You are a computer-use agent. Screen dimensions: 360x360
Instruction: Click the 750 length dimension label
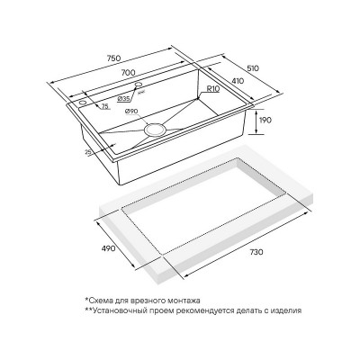114,58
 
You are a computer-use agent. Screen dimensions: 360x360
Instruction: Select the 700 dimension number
128,73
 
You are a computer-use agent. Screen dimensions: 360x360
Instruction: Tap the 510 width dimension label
253,68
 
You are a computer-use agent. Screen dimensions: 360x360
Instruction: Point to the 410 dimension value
238,81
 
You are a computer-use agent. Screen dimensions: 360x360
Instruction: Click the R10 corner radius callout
213,89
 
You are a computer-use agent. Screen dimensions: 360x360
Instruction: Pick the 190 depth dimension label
265,120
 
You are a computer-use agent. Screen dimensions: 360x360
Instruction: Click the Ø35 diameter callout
123,98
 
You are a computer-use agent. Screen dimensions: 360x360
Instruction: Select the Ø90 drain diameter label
131,112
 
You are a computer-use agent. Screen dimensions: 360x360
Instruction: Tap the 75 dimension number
104,105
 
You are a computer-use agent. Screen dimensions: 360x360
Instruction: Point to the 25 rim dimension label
88,152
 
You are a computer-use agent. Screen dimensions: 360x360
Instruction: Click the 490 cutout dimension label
109,248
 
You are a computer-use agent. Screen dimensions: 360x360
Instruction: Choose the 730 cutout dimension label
256,252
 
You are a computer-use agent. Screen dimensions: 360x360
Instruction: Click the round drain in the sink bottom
155,130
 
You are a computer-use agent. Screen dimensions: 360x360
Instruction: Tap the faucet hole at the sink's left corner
82,103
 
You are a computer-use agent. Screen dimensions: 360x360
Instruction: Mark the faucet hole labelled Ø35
139,85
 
